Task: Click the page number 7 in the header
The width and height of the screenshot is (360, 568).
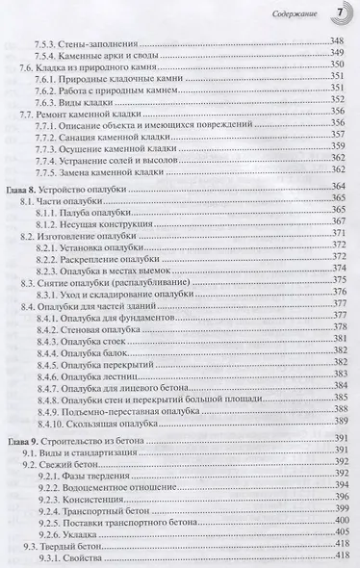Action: tap(339, 13)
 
